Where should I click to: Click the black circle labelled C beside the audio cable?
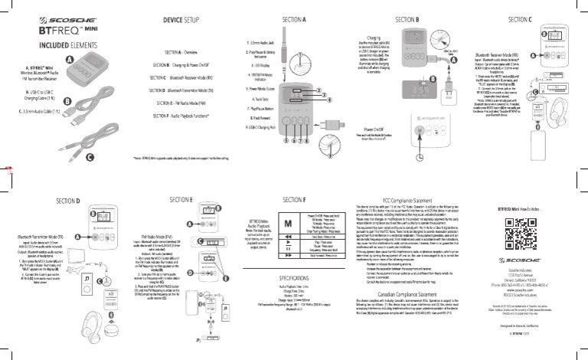(90, 159)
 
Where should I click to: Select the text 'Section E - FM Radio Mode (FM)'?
(181, 101)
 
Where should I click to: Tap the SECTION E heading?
(180, 199)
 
